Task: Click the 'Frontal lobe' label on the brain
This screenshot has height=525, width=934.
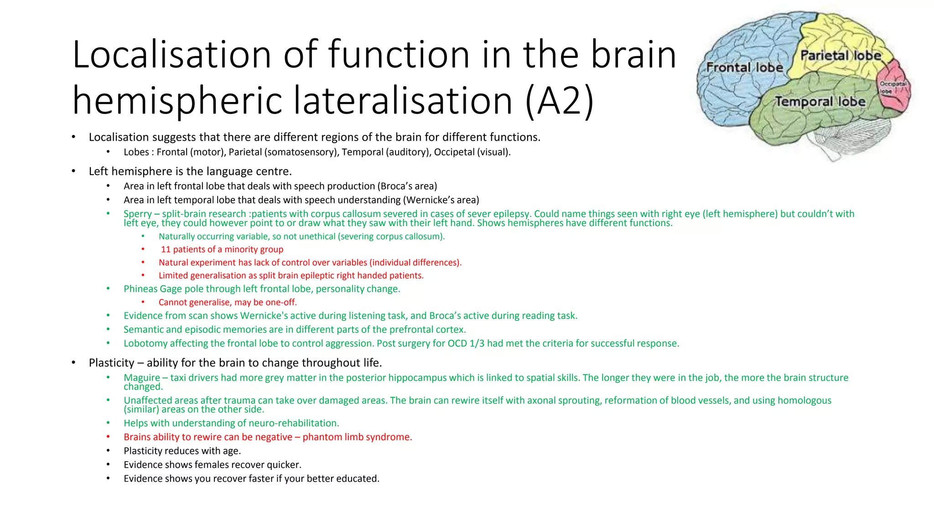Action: click(x=744, y=67)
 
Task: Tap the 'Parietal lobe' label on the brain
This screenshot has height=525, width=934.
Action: click(x=841, y=56)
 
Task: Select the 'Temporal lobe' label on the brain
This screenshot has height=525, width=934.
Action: click(x=820, y=102)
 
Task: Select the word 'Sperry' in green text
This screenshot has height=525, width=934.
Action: click(x=137, y=214)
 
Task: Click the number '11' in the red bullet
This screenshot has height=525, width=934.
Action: click(x=166, y=249)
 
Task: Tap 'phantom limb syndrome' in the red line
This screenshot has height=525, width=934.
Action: click(x=357, y=437)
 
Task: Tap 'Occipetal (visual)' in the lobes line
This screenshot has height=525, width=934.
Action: click(x=472, y=152)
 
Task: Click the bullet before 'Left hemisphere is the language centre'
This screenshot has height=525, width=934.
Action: click(x=73, y=171)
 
